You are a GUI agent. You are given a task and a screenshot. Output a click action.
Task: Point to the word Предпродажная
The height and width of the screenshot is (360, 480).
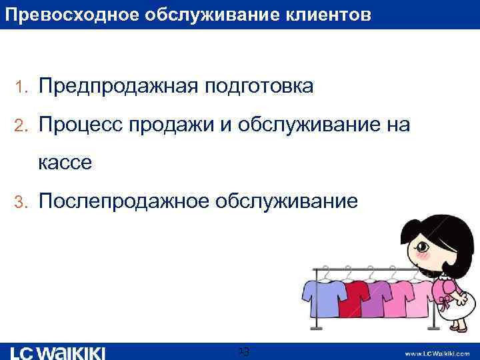[x=118, y=87]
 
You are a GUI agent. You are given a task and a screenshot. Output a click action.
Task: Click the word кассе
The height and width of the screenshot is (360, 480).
[x=65, y=162]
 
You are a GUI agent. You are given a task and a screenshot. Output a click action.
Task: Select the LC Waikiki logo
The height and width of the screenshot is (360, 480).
[x=59, y=352]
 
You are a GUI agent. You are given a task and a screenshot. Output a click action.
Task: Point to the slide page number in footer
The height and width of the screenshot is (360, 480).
[x=243, y=351]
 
